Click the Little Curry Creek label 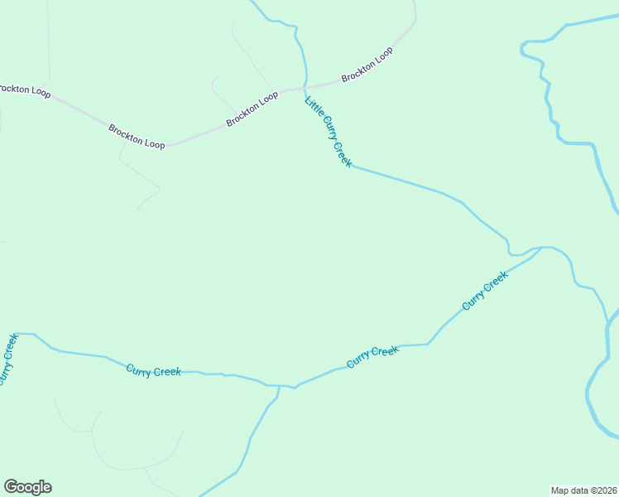[x=328, y=132]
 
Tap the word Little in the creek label [x=312, y=105]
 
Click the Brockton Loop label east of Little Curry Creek [x=367, y=65]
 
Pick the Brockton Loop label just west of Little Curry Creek [x=252, y=109]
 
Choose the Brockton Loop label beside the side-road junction [x=137, y=137]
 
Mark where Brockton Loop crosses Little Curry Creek [x=305, y=87]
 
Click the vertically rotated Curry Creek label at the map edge [x=7, y=359]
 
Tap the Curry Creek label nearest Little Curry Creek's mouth [x=484, y=291]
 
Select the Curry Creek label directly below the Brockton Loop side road [x=153, y=370]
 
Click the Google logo [x=27, y=487]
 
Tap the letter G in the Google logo [x=11, y=486]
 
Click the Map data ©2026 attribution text [x=583, y=490]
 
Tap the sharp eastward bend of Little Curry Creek [x=351, y=166]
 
